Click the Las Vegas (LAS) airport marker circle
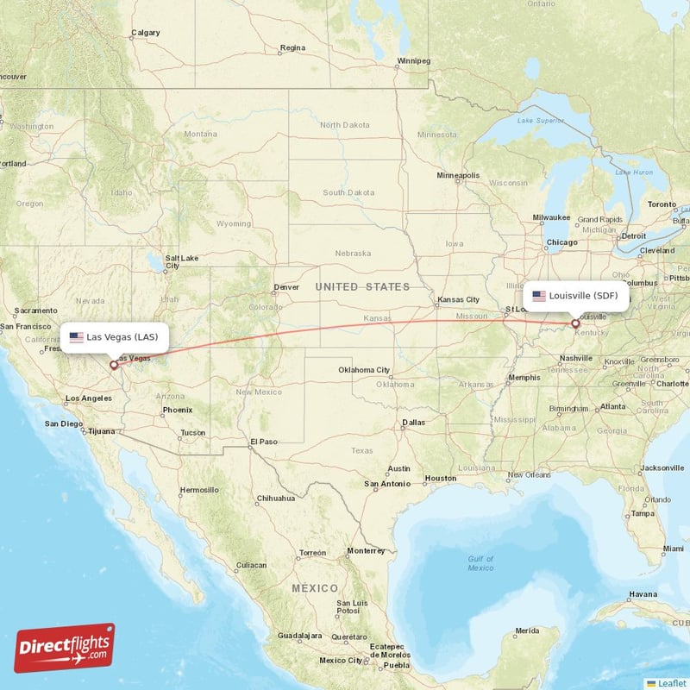(114, 365)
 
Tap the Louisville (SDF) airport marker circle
(575, 324)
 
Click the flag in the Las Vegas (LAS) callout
(77, 337)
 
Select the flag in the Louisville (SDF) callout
(539, 296)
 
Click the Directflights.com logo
(65, 648)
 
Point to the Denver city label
(285, 287)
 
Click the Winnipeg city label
(412, 61)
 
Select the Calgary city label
(145, 34)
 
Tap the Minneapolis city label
(458, 175)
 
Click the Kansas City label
(458, 299)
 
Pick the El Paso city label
(264, 442)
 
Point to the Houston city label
(440, 478)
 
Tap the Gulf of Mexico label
(480, 563)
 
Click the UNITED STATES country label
(362, 286)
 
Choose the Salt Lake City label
(182, 261)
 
